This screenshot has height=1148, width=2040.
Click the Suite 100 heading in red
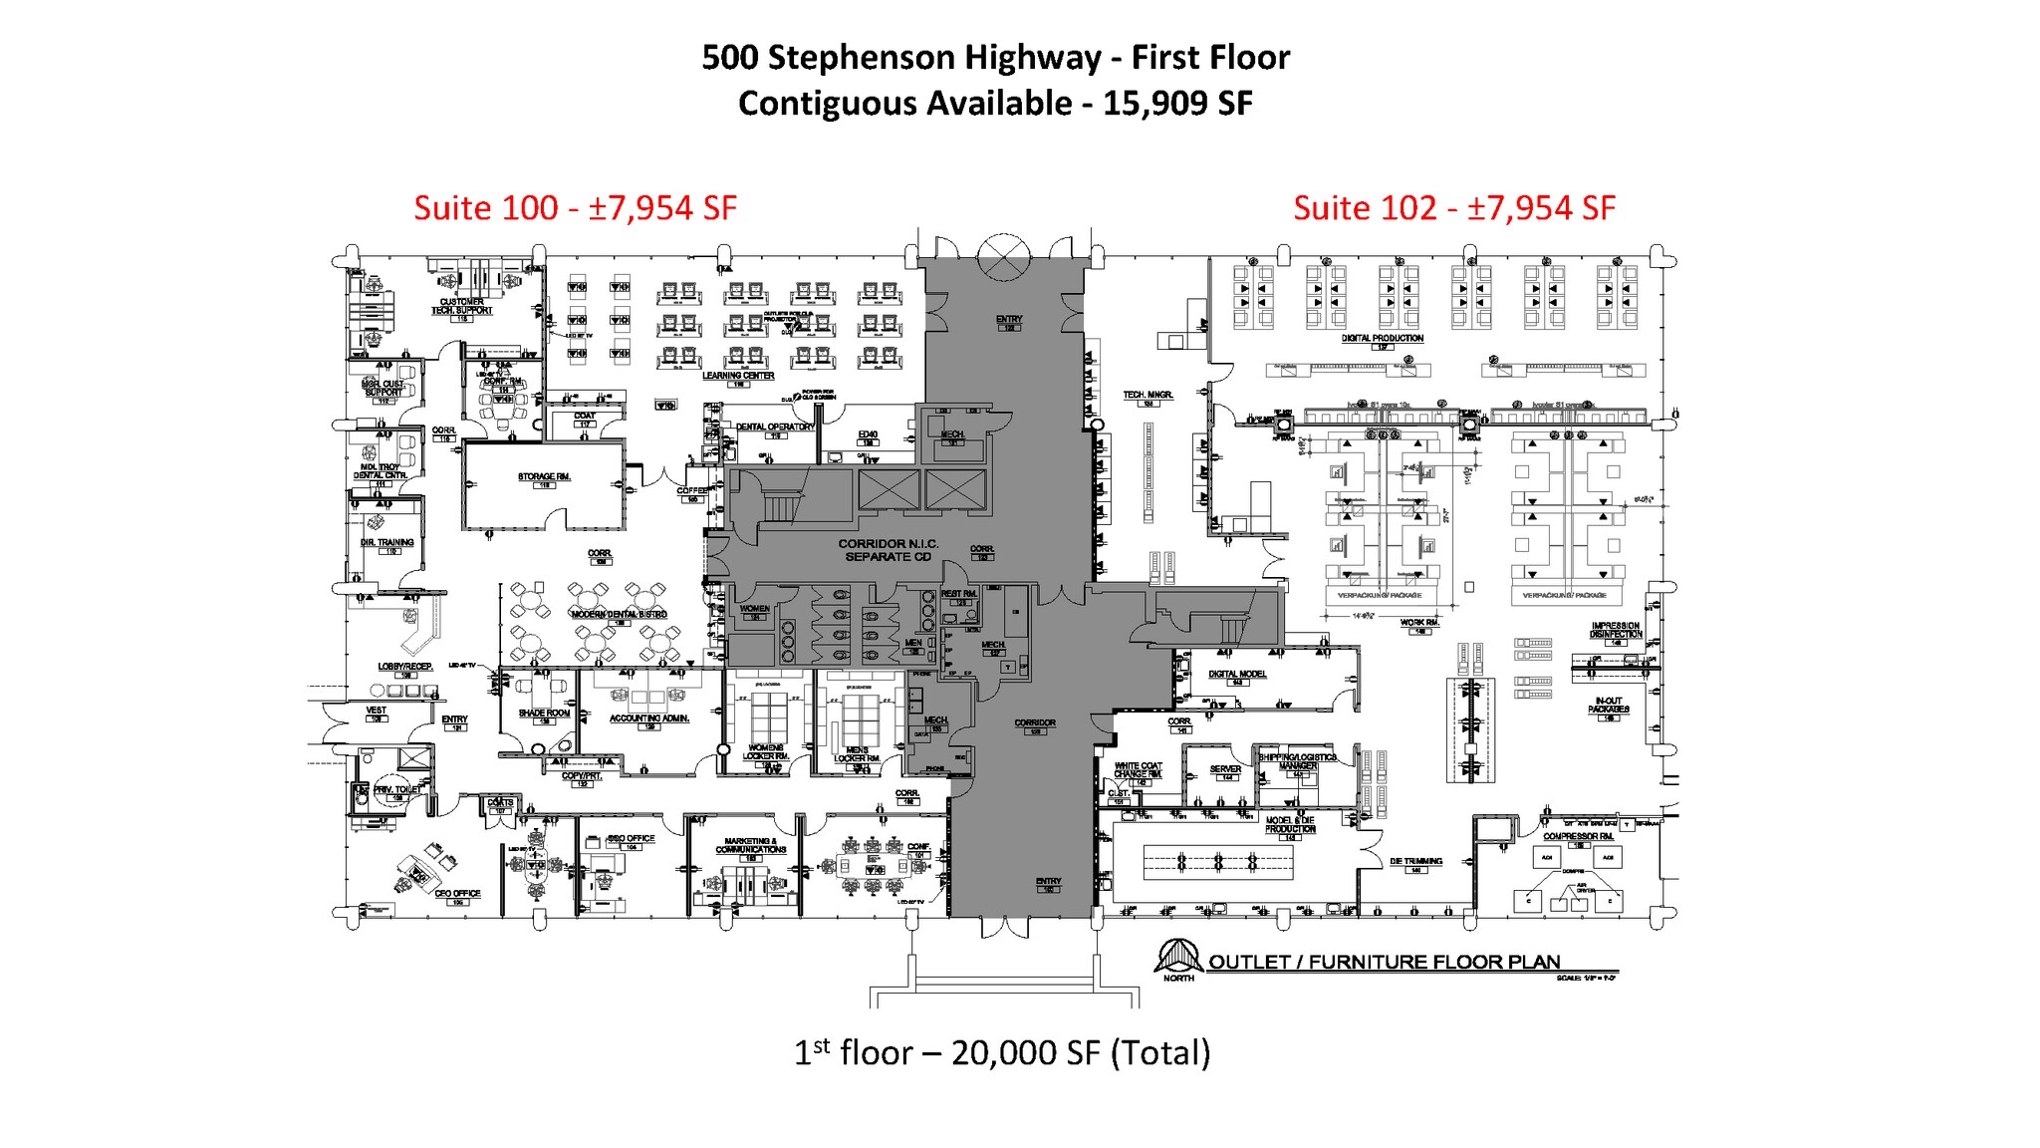coord(575,207)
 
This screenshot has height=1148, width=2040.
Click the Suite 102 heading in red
coord(1453,207)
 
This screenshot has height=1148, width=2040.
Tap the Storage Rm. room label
coord(544,477)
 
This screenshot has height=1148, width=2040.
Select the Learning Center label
coord(738,376)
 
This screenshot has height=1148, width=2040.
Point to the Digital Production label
coord(1383,339)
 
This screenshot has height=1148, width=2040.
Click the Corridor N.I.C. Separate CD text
coord(888,550)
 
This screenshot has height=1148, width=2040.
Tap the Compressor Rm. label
coord(1578,837)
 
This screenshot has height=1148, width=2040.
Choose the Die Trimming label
coord(1415,861)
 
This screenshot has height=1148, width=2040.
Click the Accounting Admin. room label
coord(649,718)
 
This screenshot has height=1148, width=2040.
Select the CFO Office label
coord(457,894)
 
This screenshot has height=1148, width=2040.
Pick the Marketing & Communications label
coord(750,846)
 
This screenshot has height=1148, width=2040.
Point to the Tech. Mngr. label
coord(1148,396)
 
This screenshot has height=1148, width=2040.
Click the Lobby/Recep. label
coord(404,667)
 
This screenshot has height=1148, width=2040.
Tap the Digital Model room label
coord(1237,675)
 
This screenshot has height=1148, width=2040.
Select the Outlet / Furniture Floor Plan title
coord(1384,962)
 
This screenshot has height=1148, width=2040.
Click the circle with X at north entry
coord(1003,257)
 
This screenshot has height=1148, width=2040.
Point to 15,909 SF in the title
coord(1177,104)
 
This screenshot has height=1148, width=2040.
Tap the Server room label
coord(1225,769)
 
